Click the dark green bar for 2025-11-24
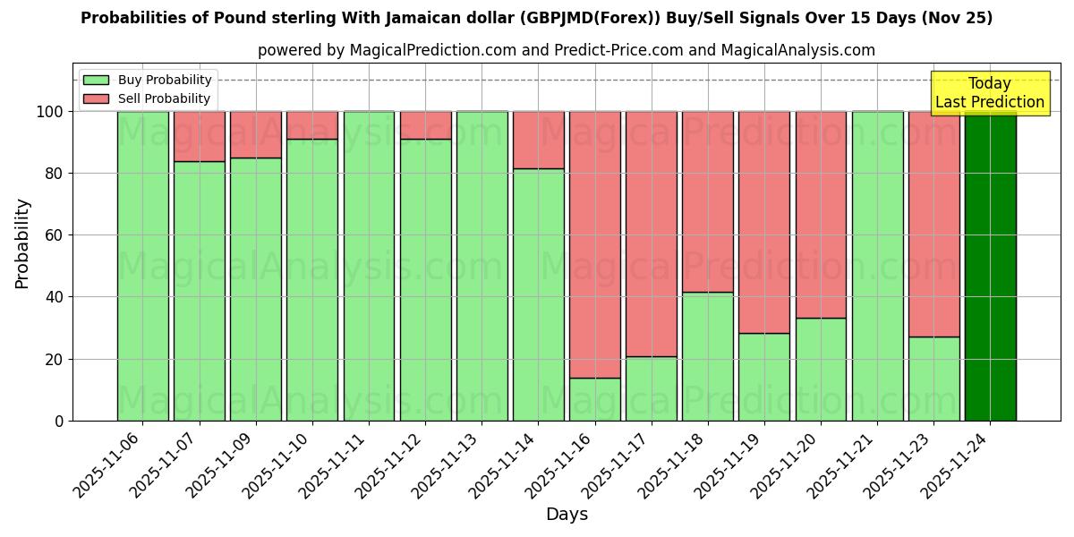pos(990,266)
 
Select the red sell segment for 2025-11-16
pos(595,244)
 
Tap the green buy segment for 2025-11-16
pos(595,399)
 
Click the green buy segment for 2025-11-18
pos(708,356)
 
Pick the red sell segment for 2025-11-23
pos(933,224)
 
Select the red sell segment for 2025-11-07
pos(200,136)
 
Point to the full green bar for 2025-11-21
pos(877,266)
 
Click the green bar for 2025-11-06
pos(143,266)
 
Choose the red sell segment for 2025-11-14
pos(539,140)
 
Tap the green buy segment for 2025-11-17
pos(652,388)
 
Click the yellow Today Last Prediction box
pos(989,93)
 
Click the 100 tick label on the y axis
pos(48,112)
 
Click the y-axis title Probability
pos(22,243)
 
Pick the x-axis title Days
pos(567,515)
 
